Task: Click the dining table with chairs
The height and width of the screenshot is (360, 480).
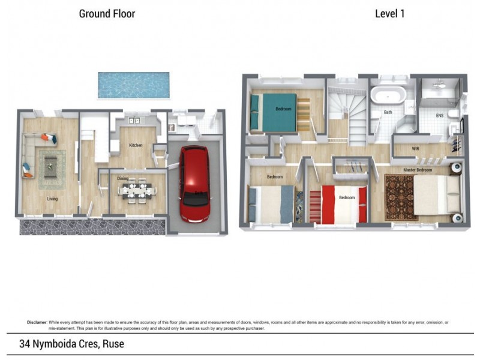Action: tap(137, 191)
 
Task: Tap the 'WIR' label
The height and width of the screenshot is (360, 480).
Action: tap(415, 148)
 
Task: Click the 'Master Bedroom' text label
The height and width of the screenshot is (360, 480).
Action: tap(418, 170)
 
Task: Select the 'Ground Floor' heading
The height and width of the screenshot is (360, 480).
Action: tap(107, 13)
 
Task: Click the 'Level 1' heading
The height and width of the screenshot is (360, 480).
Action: tap(389, 13)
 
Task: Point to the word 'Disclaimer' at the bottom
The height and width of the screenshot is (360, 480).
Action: tap(37, 323)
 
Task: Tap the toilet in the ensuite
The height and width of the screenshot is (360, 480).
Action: tap(454, 113)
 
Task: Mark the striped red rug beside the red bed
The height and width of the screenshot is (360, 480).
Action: tap(316, 206)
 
